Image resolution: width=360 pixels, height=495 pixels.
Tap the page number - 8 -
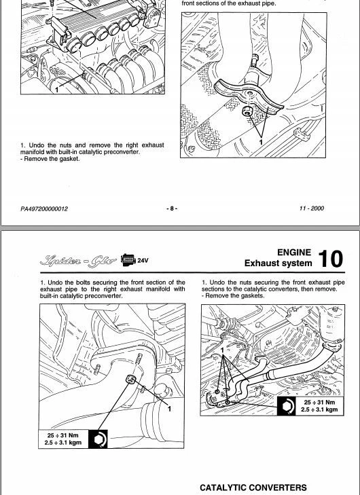(173, 208)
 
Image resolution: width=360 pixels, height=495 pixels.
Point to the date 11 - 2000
(311, 208)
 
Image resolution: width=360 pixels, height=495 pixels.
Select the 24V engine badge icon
(134, 259)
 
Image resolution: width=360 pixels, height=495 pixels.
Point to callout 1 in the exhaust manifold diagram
(57, 89)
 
